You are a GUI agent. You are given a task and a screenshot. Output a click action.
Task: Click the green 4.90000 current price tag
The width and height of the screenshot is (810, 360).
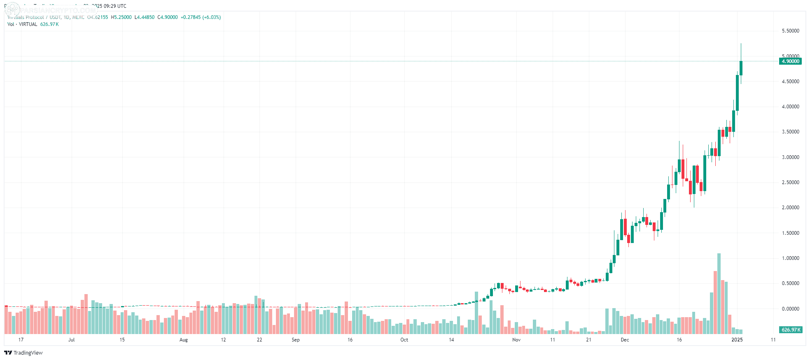coord(790,61)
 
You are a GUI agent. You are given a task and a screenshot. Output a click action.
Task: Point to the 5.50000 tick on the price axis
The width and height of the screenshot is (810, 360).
coord(790,31)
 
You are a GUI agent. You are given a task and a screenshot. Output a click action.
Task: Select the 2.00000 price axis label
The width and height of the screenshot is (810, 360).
coord(790,208)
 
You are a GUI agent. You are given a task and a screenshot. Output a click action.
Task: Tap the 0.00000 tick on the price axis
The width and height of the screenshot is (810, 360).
coord(790,309)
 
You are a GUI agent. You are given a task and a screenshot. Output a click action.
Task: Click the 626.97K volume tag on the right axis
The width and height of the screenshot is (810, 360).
coord(791,330)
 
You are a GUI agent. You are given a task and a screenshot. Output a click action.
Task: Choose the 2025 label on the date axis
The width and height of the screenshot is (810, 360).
coord(737,340)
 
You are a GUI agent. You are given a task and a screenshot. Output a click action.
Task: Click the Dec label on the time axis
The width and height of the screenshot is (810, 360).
coord(625,340)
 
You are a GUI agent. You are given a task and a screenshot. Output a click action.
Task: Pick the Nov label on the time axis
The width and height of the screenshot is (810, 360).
coord(516,340)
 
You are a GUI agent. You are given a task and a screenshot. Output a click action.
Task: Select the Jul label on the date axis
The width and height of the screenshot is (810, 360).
coord(72,340)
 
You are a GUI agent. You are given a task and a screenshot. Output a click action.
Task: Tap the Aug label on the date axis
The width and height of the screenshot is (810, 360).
coord(184,340)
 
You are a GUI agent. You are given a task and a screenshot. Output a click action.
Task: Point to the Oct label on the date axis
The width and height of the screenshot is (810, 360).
coord(404,340)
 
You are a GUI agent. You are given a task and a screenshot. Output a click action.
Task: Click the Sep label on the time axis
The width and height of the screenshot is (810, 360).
coord(296,340)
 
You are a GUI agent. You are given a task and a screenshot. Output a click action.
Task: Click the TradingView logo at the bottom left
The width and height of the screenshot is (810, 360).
coord(23,353)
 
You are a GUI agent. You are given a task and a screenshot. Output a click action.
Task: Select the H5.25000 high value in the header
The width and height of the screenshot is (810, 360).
coord(121,17)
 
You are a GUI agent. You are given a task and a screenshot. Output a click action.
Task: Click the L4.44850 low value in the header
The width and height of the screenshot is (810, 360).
coord(145,17)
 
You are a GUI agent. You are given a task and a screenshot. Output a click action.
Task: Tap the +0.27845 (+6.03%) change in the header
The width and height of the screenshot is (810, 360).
coord(201,17)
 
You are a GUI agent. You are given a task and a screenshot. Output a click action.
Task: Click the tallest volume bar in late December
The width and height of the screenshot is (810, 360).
coord(719,293)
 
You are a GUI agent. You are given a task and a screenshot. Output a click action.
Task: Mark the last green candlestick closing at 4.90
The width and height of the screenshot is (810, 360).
coord(741,68)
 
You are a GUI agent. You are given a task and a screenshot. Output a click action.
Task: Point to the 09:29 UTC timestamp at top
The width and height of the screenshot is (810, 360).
coord(115,6)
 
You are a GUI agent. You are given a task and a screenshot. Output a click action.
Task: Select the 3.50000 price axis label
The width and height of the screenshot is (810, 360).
coord(790,132)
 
